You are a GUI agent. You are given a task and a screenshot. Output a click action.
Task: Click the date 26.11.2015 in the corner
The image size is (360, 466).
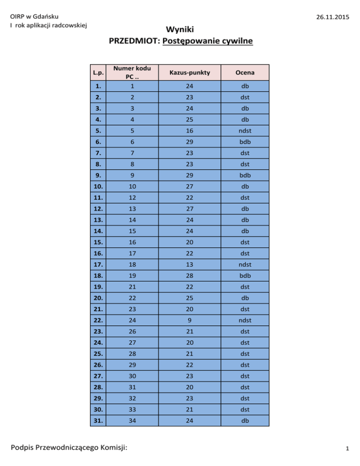[x=332, y=17]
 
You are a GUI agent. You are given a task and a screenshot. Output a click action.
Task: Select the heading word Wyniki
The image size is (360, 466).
[x=180, y=29]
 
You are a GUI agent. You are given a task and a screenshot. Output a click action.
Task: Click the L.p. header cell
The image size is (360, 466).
[x=98, y=73]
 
